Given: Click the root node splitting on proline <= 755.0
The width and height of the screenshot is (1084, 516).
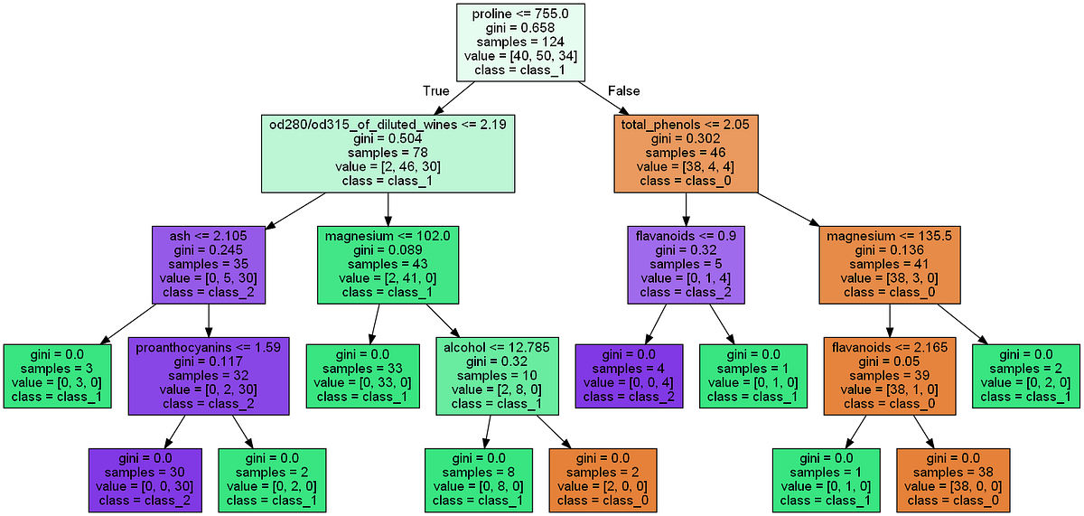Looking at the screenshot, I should [521, 42].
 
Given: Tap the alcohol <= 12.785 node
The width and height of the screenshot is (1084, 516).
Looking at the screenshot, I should [497, 375].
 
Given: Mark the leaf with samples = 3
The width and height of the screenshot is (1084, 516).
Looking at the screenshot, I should [57, 375].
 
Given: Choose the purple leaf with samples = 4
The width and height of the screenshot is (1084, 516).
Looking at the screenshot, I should [629, 375].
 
